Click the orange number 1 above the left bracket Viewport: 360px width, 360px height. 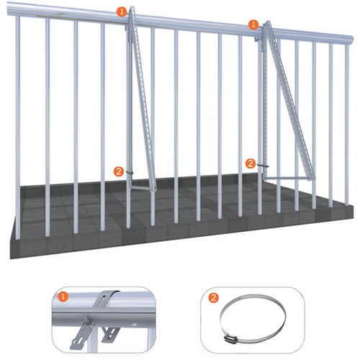122,12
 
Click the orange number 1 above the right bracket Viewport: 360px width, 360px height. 253,24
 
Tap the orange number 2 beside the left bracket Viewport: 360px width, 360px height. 119,171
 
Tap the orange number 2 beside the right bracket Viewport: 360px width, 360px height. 251,163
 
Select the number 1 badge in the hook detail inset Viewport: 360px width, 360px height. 63,297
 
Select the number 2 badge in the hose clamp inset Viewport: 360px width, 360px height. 213,298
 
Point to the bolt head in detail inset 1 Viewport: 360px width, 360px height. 86,320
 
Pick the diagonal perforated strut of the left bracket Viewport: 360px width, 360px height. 143,99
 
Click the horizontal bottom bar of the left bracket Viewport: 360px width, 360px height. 142,188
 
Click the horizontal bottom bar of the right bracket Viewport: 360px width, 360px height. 286,179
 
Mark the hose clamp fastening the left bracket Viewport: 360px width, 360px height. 129,173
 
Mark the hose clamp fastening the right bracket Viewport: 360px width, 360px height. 263,166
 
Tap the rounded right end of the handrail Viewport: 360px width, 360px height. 351,40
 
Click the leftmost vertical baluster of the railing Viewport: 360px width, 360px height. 18,127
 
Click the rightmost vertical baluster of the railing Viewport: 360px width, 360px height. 347,125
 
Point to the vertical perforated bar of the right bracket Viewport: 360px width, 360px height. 265,101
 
